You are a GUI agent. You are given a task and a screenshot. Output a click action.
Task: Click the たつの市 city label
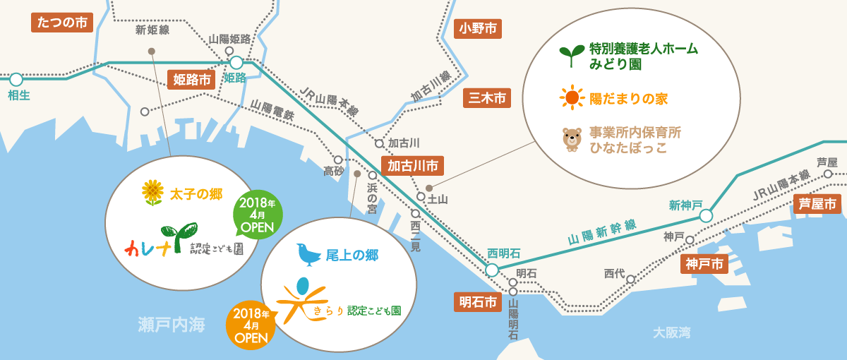coord(63,22)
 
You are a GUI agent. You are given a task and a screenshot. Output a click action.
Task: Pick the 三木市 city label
coord(486,98)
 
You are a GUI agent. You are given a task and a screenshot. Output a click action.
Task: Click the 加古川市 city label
coord(414,165)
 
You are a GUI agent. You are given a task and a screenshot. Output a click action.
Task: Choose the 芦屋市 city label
coord(817,204)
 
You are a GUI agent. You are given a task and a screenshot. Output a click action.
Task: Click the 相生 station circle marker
coord(16,79)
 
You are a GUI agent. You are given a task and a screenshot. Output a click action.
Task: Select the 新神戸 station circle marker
coord(706,216)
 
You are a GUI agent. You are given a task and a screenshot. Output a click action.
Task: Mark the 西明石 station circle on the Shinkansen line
coord(491,269)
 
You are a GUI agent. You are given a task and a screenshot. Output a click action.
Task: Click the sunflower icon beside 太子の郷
coord(152,192)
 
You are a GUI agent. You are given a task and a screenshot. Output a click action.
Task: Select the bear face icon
coord(571,139)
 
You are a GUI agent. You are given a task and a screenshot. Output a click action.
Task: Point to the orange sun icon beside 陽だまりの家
coord(572,97)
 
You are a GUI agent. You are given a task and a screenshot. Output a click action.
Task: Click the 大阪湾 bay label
coord(671,332)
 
